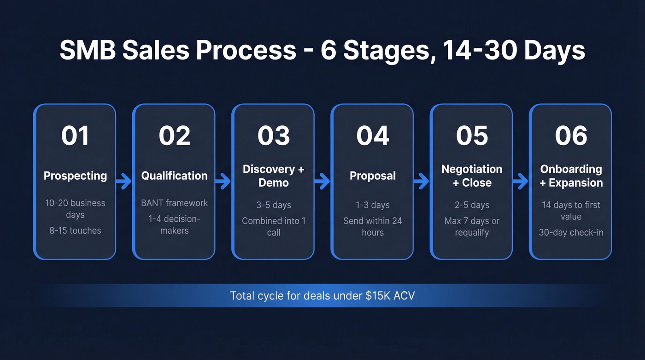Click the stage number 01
coord(75,136)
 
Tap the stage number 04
coord(372,136)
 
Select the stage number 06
coord(571,136)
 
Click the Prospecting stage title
coord(75,176)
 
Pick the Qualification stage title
coord(174,176)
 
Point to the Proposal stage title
coord(372,176)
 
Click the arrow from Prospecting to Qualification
coord(123,182)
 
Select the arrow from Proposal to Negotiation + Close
coord(421,182)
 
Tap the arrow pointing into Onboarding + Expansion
coord(520,182)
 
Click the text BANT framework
coord(174,203)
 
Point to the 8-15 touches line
coord(75,230)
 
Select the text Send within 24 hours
coord(372,226)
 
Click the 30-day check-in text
coord(571,232)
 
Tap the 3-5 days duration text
coord(273,205)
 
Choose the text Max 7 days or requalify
coord(472,226)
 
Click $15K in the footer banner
coord(377,295)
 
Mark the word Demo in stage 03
coord(273,183)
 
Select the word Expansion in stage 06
coord(575,183)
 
